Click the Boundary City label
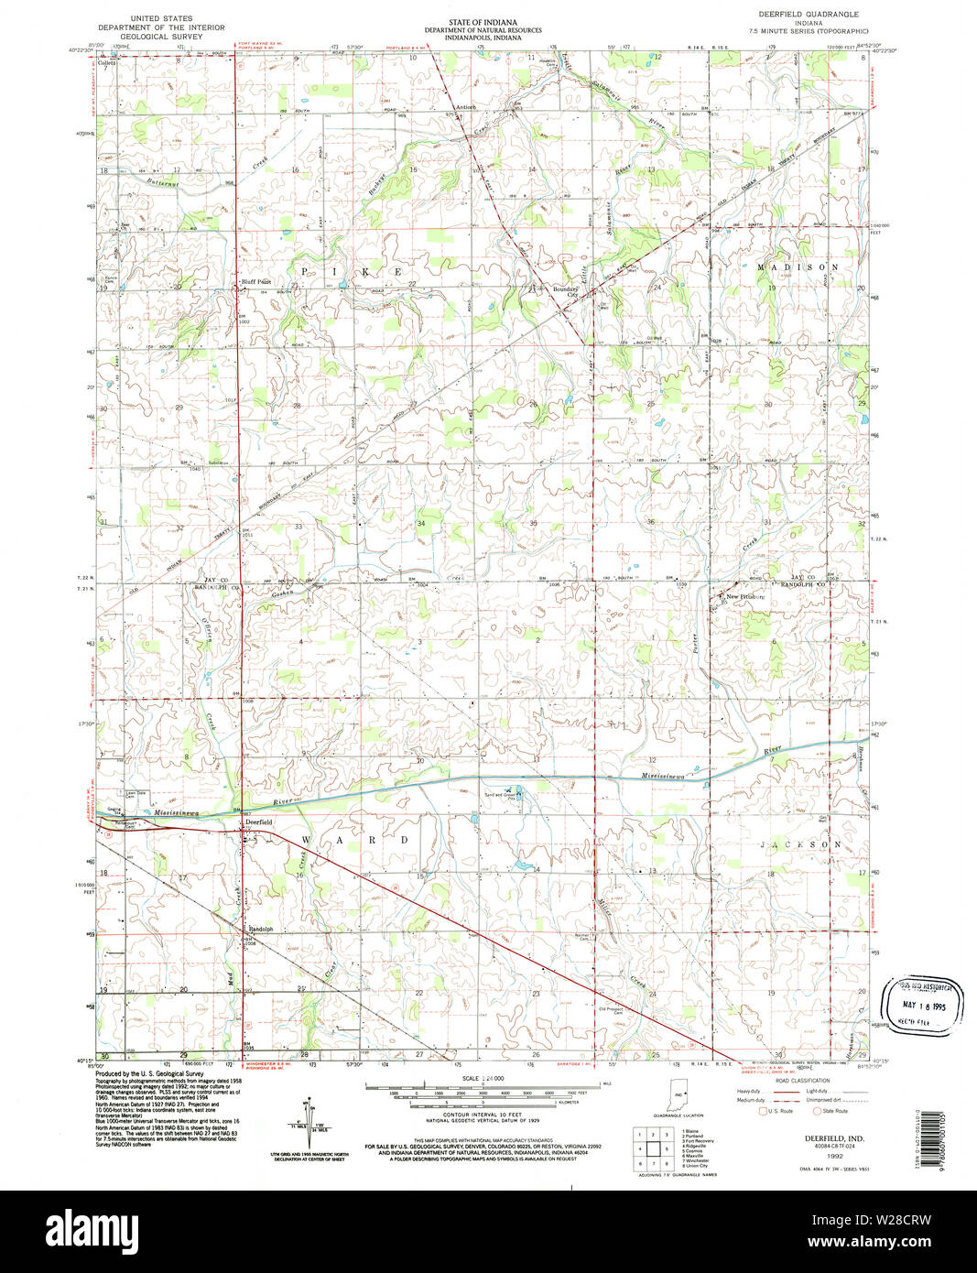565,292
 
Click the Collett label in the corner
108,63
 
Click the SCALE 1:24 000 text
483,1078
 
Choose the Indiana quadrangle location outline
678,1094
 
